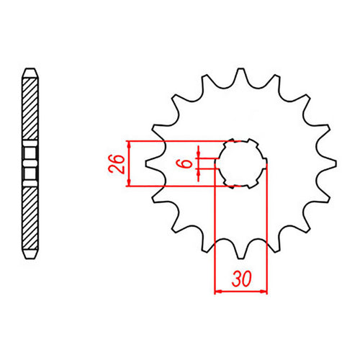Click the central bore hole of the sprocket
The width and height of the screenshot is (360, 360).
pos(240,163)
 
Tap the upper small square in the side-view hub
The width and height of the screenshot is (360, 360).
pos(29,153)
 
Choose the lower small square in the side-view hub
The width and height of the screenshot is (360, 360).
pos(29,173)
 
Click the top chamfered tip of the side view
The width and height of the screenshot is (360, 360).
pos(29,71)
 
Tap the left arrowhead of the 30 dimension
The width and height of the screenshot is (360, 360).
pos(217,292)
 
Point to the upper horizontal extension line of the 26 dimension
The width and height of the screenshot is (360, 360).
pos(180,139)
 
